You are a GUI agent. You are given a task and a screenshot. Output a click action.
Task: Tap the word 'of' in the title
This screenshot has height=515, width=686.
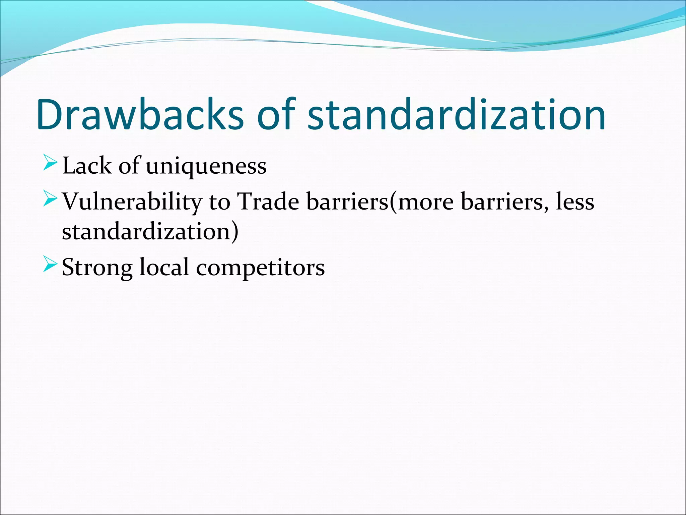[x=276, y=115]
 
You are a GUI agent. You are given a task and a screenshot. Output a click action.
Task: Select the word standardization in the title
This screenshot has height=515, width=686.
[x=456, y=115]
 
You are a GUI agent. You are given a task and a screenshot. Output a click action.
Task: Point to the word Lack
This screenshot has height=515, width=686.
[x=87, y=166]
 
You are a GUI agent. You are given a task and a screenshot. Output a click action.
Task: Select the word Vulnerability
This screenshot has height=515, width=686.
[x=132, y=202]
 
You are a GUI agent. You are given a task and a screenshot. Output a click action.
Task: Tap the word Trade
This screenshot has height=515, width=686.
[x=268, y=202]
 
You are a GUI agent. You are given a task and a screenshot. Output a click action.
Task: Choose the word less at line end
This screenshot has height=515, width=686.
[x=575, y=202]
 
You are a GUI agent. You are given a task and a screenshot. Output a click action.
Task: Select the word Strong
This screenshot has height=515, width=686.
[x=97, y=268]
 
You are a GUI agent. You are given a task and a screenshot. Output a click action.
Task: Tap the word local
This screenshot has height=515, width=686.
[x=164, y=267]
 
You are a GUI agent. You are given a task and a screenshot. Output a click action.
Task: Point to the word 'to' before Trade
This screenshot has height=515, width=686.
[x=219, y=202]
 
